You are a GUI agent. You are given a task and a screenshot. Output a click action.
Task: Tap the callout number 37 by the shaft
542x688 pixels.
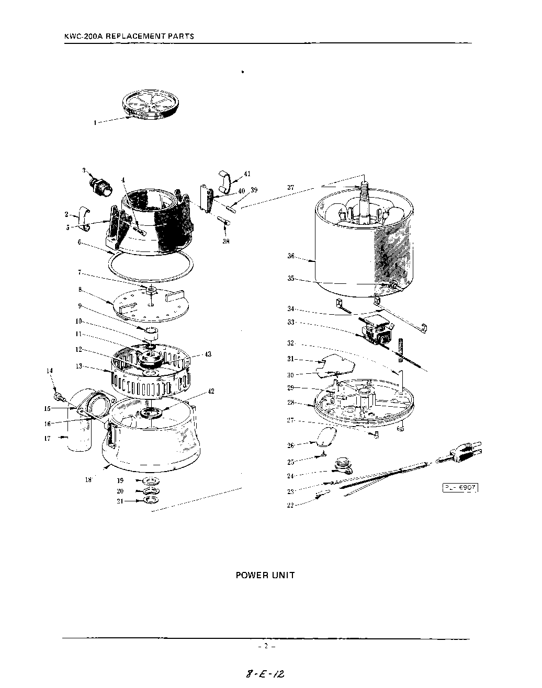click(x=291, y=187)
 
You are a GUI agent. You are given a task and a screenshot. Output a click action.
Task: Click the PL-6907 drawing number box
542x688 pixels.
click(x=460, y=488)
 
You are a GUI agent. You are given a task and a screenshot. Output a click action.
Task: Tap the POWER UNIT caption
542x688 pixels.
click(x=265, y=575)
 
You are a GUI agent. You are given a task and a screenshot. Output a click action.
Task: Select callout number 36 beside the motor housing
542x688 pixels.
click(x=291, y=256)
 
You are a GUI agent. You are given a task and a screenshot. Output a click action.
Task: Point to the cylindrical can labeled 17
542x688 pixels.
click(x=77, y=437)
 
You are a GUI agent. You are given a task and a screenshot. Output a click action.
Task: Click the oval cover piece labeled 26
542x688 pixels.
click(x=327, y=435)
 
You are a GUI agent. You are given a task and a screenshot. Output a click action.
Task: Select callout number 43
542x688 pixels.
click(x=208, y=354)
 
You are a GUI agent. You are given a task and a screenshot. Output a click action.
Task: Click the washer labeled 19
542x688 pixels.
click(x=150, y=480)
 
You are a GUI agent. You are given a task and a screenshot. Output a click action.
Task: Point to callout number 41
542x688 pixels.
click(x=247, y=174)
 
